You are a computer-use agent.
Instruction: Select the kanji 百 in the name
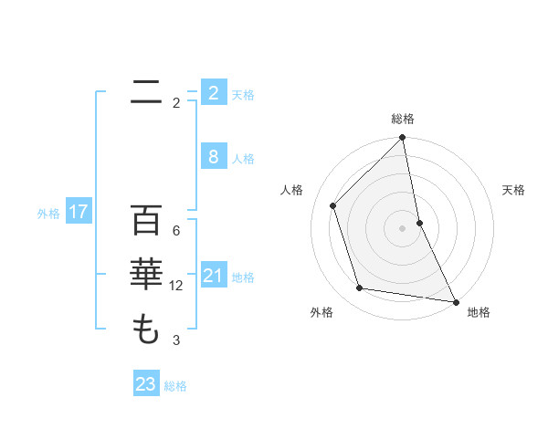pos(146,220)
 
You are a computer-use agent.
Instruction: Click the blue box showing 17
pos(79,213)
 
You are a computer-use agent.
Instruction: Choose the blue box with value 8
pos(213,157)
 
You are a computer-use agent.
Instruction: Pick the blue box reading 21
pos(213,276)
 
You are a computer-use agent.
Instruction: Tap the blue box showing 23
pos(145,383)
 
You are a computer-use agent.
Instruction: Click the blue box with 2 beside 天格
pos(213,93)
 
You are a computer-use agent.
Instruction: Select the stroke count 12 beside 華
pos(176,286)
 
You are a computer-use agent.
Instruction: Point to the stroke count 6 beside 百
pos(176,230)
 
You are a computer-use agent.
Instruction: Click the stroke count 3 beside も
pos(176,340)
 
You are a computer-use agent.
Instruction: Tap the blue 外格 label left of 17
pos(48,214)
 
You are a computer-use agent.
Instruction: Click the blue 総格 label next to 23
pos(175,385)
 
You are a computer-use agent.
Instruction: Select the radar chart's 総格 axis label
pos(403,119)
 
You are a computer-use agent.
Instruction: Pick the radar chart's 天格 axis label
pos(513,190)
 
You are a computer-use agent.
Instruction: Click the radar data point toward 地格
pos(455,301)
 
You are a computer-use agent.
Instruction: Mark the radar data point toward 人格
pos(333,205)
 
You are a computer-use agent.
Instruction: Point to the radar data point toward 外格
pos(360,288)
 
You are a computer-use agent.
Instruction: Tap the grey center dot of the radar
pos(403,228)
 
